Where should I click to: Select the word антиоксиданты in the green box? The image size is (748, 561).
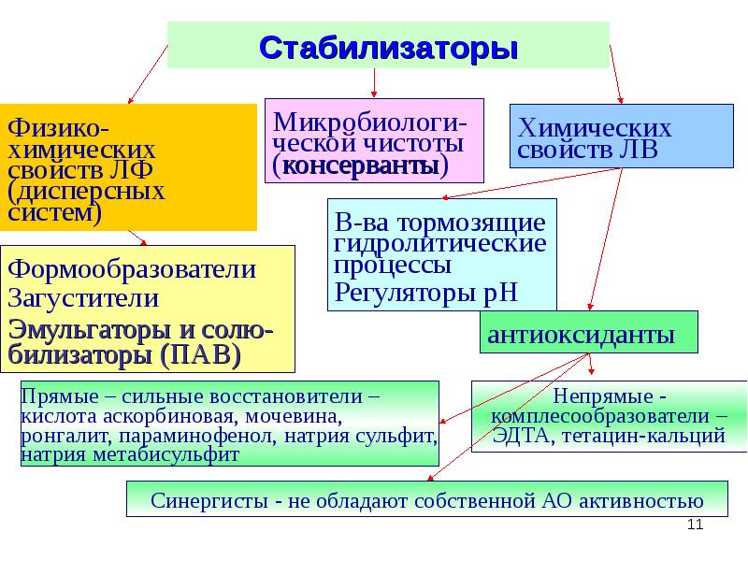[581, 334]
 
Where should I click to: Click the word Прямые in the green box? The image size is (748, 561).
[53, 396]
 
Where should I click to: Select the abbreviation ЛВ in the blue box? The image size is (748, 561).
[638, 150]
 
